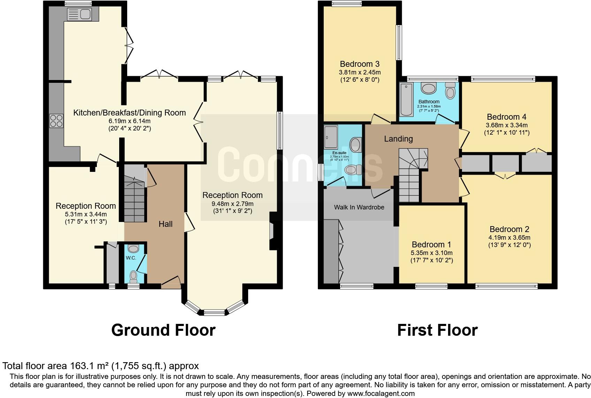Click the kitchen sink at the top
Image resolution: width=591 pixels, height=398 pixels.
(x=79, y=14)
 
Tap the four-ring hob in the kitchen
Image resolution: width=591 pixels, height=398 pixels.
(x=56, y=121)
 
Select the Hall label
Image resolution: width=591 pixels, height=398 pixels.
(x=166, y=224)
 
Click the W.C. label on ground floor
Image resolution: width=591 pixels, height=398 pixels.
(x=131, y=258)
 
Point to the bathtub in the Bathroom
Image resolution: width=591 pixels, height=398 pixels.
(x=406, y=100)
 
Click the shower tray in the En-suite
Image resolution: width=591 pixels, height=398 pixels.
(x=331, y=137)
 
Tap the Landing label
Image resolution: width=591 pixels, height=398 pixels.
(x=398, y=139)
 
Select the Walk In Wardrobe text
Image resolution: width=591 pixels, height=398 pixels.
(x=359, y=207)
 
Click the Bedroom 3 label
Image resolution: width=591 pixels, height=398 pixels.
(x=360, y=64)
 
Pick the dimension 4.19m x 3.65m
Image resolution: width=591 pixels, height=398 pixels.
(x=509, y=238)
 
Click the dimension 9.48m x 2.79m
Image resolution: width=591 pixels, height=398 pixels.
(x=232, y=204)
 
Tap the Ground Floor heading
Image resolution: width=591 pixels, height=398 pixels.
(x=163, y=330)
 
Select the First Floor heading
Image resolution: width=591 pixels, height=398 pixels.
(x=437, y=330)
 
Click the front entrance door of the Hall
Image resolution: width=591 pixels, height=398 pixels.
(x=171, y=282)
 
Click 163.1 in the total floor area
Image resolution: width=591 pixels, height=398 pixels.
(x=84, y=366)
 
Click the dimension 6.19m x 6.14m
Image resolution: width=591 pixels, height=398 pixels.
(x=129, y=121)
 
